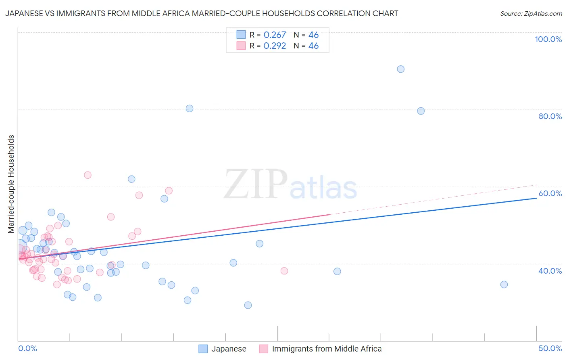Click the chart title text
point(202,13)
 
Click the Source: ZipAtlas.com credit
point(531,13)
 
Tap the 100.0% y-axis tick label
point(548,39)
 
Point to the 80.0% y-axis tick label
point(550,116)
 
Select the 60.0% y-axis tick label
point(550,193)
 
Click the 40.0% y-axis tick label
point(550,271)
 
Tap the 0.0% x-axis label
point(27,348)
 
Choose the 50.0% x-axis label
point(550,348)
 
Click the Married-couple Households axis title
point(11,184)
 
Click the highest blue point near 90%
point(400,69)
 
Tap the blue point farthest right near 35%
point(504,285)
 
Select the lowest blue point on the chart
point(248,305)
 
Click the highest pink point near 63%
point(88,175)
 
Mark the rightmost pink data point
point(284,271)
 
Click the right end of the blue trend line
point(536,198)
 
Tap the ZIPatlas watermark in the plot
point(290,185)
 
